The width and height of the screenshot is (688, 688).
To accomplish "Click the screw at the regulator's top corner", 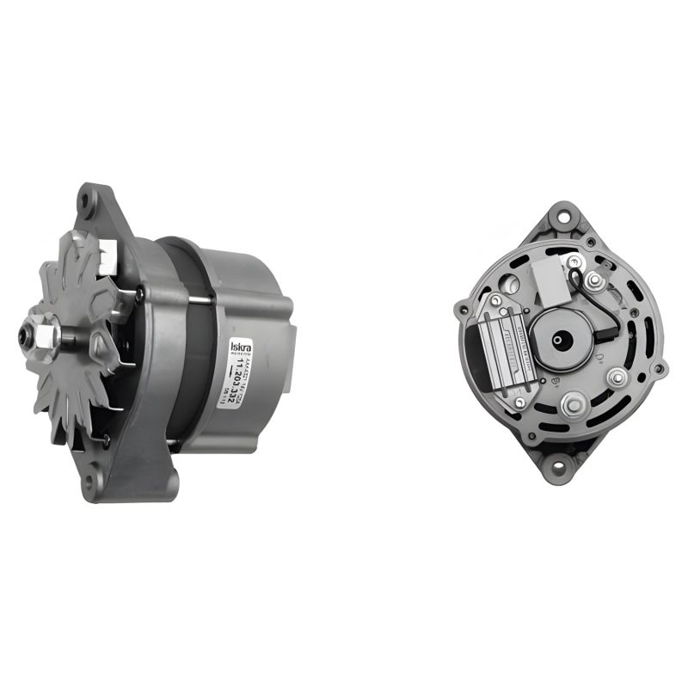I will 495,298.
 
